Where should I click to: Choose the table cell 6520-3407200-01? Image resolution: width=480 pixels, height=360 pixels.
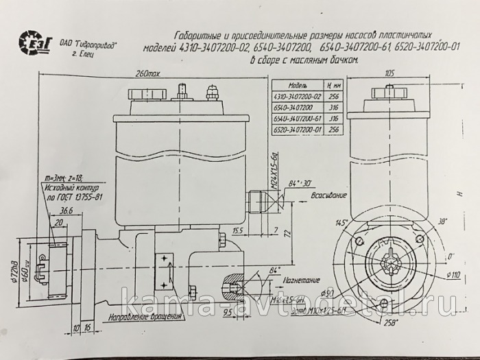pyautogui.click(x=298, y=128)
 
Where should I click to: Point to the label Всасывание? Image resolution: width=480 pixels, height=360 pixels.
pyautogui.click(x=326, y=195)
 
